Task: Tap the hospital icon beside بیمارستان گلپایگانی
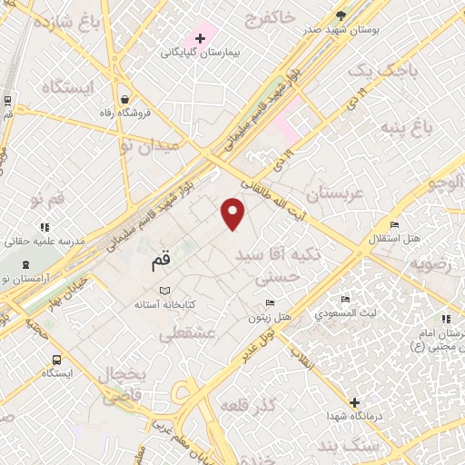tap(200, 39)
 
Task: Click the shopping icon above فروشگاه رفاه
tap(124, 99)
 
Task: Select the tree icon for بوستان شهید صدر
tap(341, 15)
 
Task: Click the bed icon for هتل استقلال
tap(394, 224)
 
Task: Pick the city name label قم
tap(155, 265)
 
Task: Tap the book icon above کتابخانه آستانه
tap(164, 291)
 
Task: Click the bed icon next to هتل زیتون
tap(269, 303)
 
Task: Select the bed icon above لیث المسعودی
tap(344, 300)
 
